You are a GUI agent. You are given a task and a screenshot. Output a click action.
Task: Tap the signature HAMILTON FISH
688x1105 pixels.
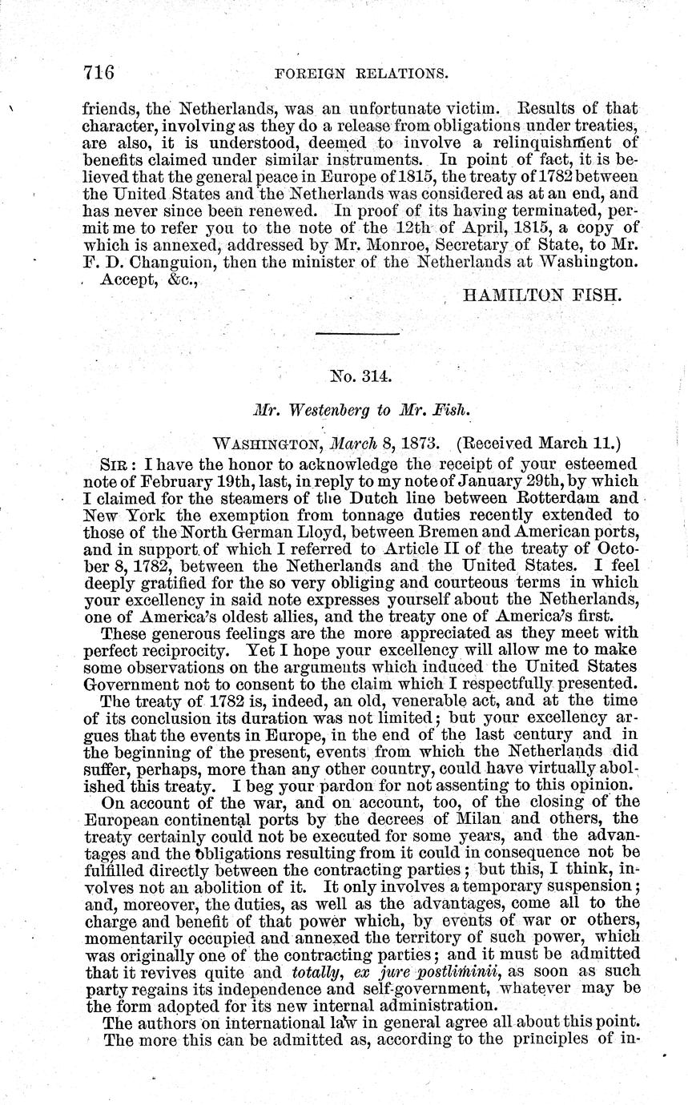(541, 295)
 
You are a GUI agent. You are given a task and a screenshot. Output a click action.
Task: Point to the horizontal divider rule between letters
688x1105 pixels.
(357, 333)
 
